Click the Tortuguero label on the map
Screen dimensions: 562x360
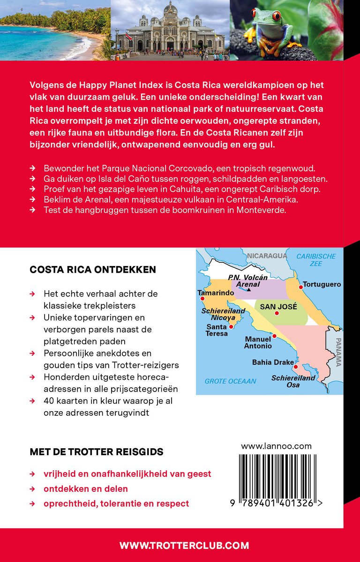[x=322, y=284]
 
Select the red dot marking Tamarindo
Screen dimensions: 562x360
[x=202, y=299]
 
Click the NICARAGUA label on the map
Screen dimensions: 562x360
[x=267, y=255]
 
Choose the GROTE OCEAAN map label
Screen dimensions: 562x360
[x=230, y=381]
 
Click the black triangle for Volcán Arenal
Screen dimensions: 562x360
[x=249, y=290]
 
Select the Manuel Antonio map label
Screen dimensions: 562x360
[x=257, y=342]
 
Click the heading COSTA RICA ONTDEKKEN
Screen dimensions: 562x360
[x=93, y=270]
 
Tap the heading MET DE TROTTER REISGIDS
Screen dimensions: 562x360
[x=97, y=452]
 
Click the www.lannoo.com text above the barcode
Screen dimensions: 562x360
[x=276, y=446]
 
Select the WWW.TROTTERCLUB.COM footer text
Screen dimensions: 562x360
[x=184, y=545]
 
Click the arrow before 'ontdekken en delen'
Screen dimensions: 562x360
[x=32, y=489]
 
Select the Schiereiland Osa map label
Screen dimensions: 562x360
[x=293, y=381]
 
